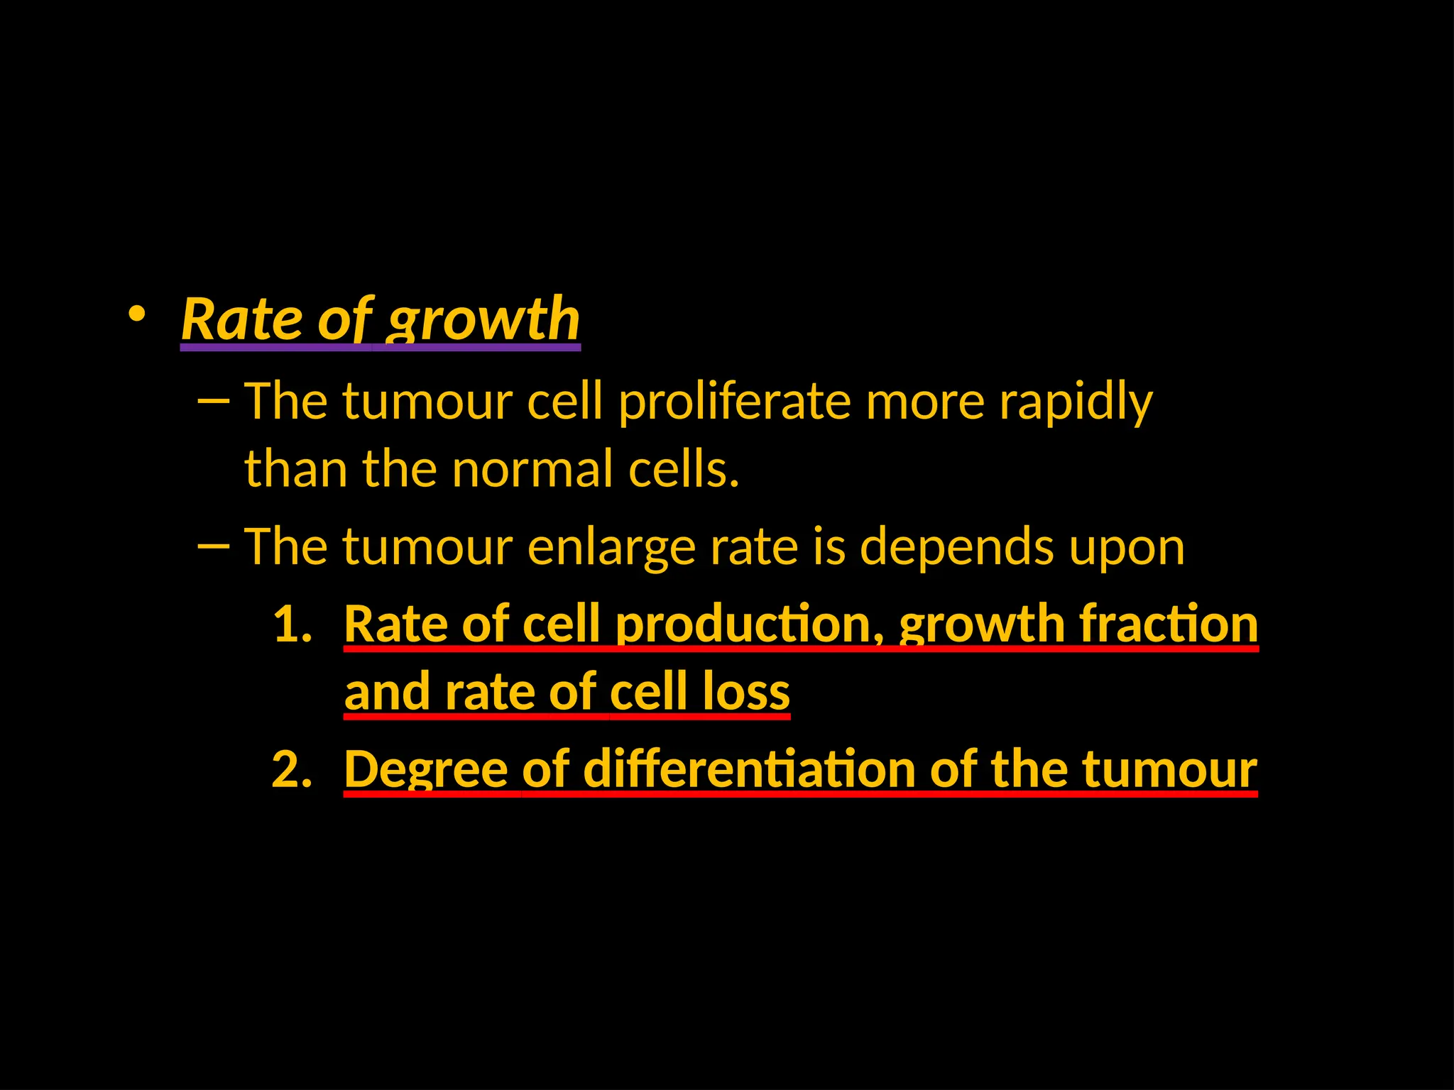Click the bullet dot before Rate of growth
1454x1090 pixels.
pyautogui.click(x=136, y=313)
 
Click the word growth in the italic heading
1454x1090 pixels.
pyautogui.click(x=483, y=319)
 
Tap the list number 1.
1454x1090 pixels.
pyautogui.click(x=292, y=624)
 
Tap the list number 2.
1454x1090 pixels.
pyautogui.click(x=292, y=770)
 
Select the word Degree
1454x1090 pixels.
pyautogui.click(x=425, y=770)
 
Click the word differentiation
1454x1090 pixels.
pyautogui.click(x=749, y=770)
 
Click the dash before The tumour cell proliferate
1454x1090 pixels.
pyautogui.click(x=213, y=402)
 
